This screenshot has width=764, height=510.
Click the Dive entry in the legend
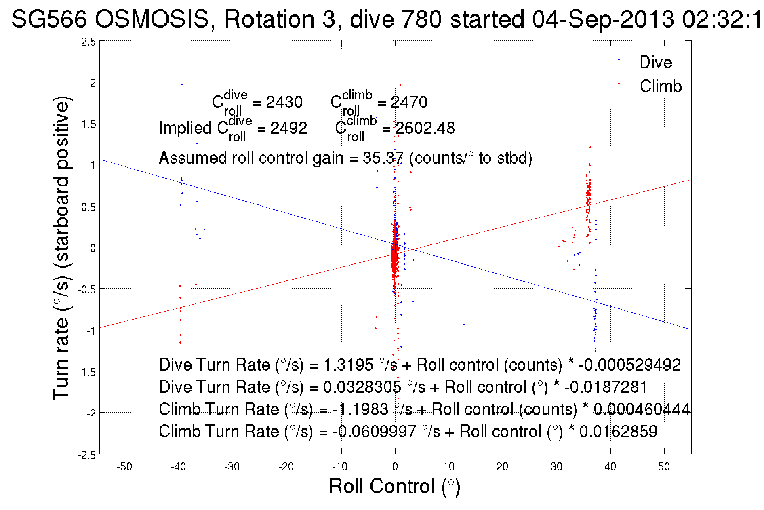(655, 62)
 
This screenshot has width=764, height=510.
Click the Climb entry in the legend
(660, 86)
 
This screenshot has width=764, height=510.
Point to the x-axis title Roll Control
(394, 486)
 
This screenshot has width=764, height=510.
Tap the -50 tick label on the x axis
(124, 467)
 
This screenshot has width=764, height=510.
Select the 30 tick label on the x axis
(556, 467)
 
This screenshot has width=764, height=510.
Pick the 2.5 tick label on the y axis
(88, 42)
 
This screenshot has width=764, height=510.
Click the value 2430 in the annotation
(284, 102)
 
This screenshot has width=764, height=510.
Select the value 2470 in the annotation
(409, 102)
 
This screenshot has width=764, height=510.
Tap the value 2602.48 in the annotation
(425, 129)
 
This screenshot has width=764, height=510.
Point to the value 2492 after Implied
(288, 129)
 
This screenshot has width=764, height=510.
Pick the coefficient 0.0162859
(618, 432)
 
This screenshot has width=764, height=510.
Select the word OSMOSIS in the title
(152, 19)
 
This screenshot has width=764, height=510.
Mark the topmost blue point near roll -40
(182, 84)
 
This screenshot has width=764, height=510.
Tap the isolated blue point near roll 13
(464, 325)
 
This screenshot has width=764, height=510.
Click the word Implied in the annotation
(185, 129)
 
